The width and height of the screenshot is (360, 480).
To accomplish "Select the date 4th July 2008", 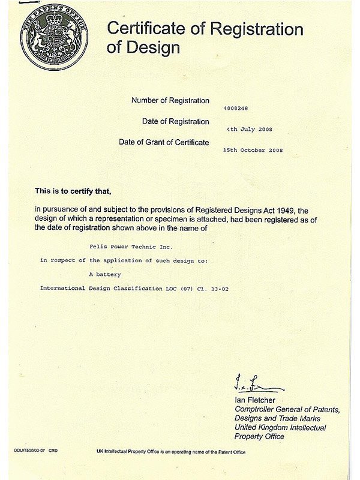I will click(248, 129).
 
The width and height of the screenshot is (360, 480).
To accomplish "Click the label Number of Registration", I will click(170, 100).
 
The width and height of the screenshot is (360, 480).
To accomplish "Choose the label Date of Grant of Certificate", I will click(164, 142).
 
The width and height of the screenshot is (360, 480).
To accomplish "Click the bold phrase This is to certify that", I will click(73, 191).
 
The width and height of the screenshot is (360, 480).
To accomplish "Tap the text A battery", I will click(105, 274).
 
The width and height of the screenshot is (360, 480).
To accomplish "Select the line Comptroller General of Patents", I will click(287, 409).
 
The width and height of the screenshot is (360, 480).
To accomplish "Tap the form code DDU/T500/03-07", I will click(30, 449).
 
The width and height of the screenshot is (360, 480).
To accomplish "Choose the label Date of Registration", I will click(176, 121).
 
